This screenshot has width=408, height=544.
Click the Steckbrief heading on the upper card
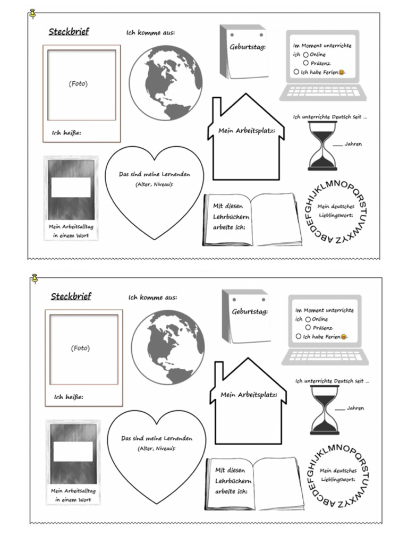coord(69,32)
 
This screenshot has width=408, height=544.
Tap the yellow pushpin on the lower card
coord(35,277)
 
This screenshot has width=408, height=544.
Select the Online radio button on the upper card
coord(306,55)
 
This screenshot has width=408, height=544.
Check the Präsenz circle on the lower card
coord(308,328)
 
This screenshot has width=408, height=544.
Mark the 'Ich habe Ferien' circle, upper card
coord(296,72)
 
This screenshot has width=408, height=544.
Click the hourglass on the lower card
coord(325,410)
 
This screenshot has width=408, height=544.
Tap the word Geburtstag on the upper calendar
coord(248,47)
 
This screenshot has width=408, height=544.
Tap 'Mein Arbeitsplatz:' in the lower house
coord(249,395)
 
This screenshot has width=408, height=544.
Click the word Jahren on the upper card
coord(353,144)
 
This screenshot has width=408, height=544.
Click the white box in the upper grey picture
coord(71,187)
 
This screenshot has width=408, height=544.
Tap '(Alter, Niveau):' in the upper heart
coord(154,184)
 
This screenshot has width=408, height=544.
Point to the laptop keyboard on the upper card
coord(322,93)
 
